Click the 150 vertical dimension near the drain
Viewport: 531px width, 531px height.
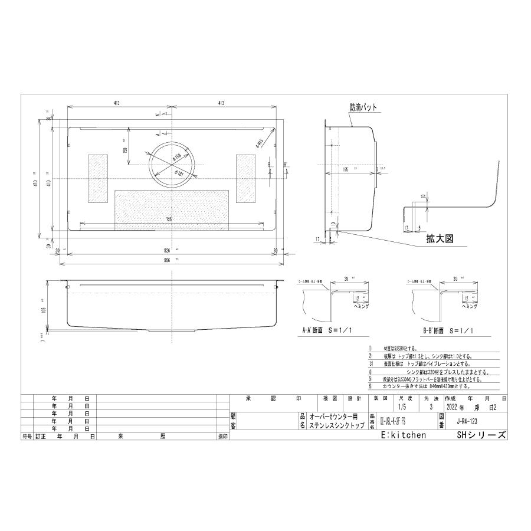point(124,150)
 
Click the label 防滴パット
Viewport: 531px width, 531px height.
point(363,107)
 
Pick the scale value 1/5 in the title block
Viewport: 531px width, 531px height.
point(402,407)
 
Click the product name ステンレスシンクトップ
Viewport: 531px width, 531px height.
point(336,425)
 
